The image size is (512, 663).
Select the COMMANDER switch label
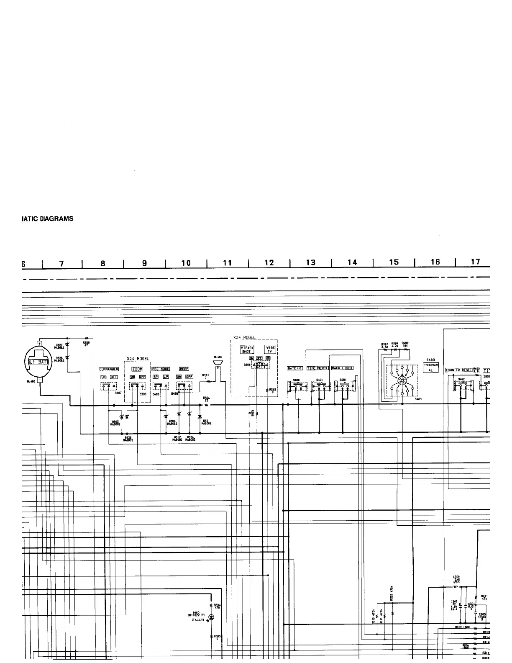(109, 369)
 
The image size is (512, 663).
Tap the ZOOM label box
(137, 369)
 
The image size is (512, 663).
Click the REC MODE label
(161, 369)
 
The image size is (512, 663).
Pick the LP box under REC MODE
(166, 377)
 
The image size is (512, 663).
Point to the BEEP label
(184, 369)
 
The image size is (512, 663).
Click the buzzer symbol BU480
(218, 362)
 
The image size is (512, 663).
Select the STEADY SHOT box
(247, 349)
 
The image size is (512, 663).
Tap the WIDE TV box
(270, 349)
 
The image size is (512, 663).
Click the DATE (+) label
(295, 368)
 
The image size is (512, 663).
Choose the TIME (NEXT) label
(317, 368)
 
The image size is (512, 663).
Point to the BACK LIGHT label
(342, 368)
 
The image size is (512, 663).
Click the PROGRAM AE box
(431, 367)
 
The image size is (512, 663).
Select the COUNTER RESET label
(459, 370)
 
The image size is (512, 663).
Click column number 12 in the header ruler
(269, 263)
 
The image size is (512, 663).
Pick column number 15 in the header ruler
(394, 263)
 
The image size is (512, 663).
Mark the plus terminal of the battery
(40, 343)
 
